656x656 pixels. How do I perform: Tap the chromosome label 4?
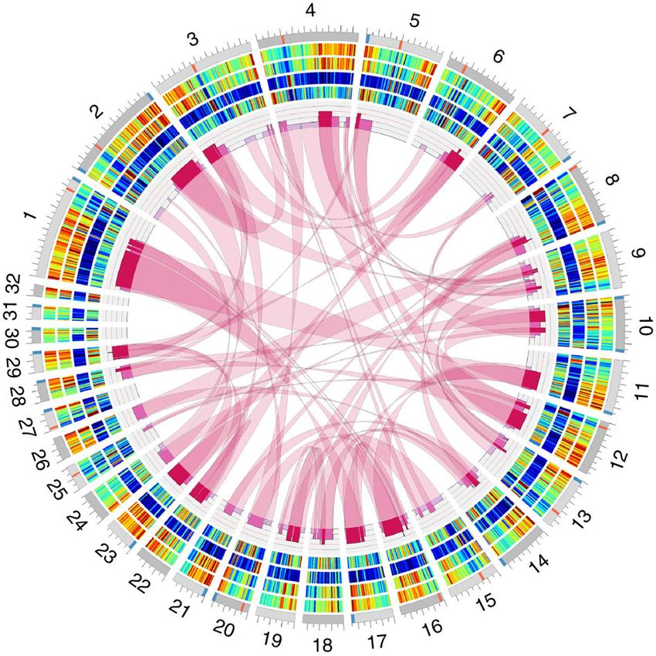tap(310, 12)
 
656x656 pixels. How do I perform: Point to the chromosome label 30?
tap(14, 336)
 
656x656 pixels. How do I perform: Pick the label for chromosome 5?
tap(414, 21)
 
